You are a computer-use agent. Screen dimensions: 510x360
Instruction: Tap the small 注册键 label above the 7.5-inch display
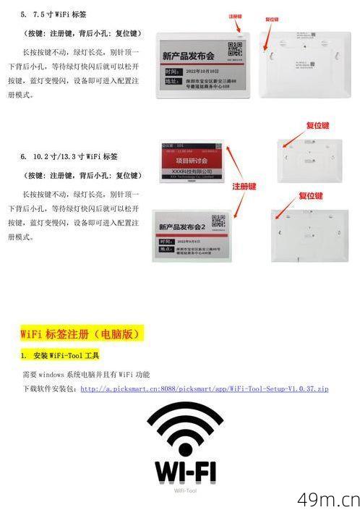pos(236,14)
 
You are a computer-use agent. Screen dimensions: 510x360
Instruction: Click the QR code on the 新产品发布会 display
pos(233,51)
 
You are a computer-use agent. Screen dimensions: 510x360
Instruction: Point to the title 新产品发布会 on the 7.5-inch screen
pos(189,56)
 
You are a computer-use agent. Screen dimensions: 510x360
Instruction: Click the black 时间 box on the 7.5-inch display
pos(171,72)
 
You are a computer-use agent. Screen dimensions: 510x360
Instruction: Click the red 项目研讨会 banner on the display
pos(187,161)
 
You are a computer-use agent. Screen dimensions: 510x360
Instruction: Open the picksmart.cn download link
pos(204,388)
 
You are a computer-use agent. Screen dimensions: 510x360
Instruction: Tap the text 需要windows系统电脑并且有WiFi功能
pos(86,374)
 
